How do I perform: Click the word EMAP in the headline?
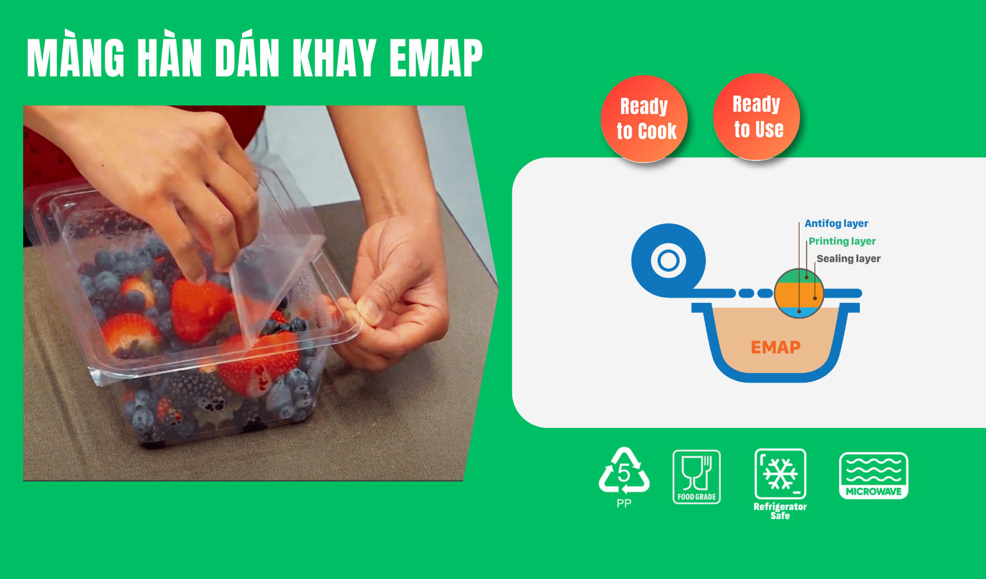click(436, 58)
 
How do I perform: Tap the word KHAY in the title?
click(335, 58)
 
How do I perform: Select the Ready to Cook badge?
click(644, 119)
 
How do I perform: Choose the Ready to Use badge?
click(757, 117)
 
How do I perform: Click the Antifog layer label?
click(837, 223)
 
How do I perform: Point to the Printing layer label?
click(842, 241)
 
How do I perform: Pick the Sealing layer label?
click(848, 258)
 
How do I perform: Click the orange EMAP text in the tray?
click(776, 347)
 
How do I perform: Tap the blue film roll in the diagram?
click(668, 260)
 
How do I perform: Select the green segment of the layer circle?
click(798, 276)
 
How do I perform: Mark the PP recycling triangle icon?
click(624, 471)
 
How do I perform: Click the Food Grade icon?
click(697, 477)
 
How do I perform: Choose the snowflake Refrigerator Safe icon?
click(780, 474)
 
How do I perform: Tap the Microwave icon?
click(874, 475)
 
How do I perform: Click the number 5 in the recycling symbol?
click(624, 473)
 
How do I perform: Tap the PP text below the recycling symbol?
click(624, 503)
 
